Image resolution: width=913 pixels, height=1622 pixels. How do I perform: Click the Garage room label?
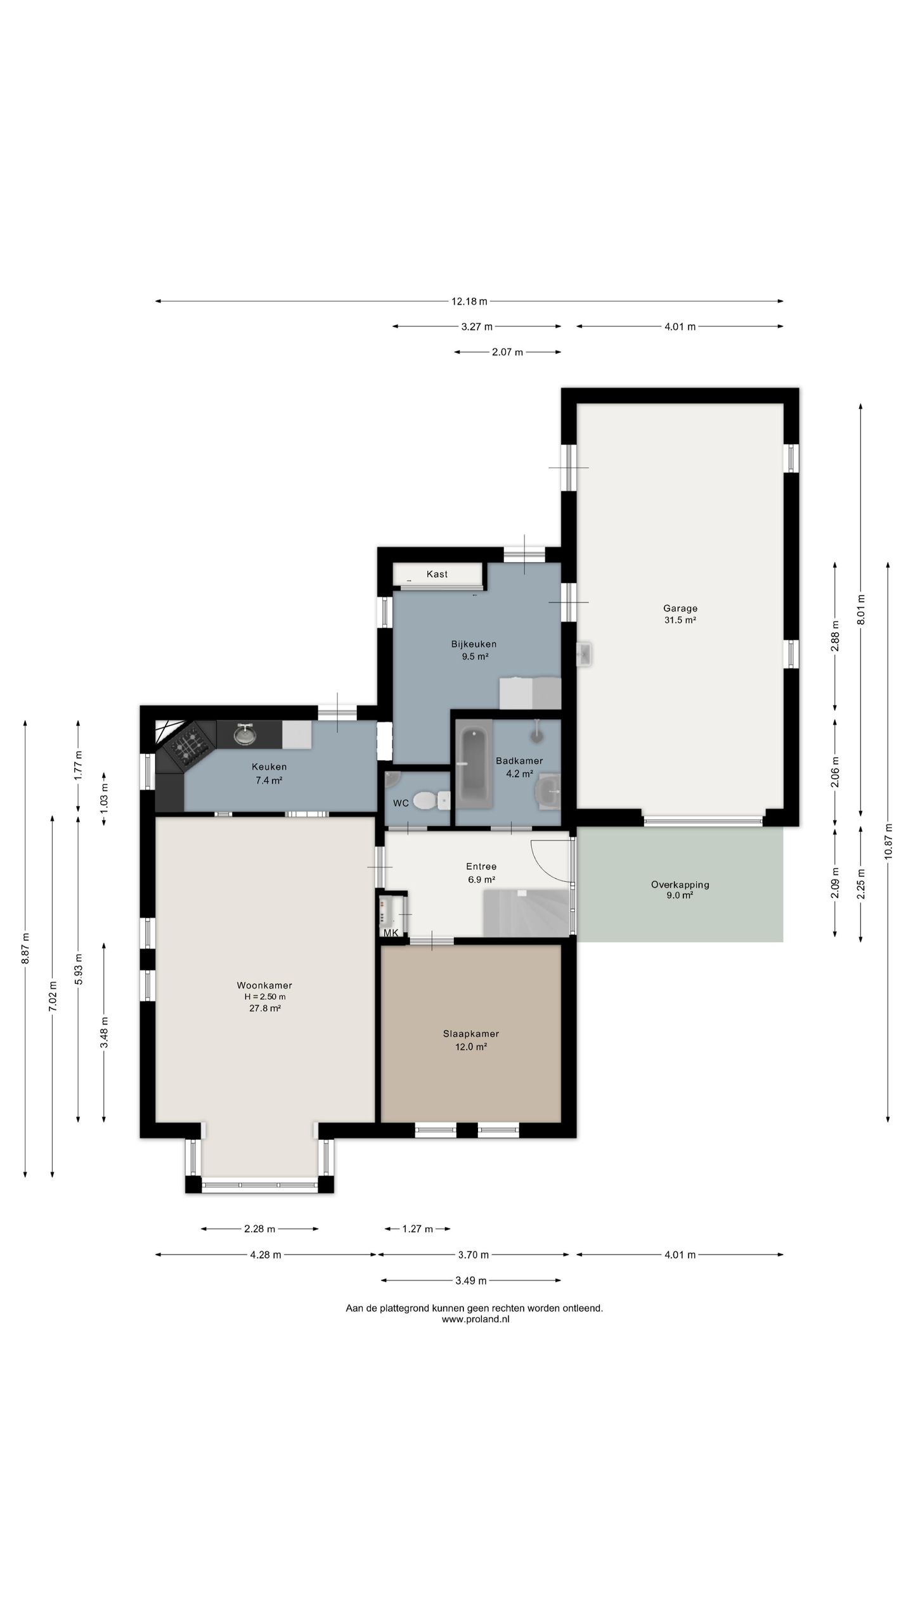pyautogui.click(x=680, y=608)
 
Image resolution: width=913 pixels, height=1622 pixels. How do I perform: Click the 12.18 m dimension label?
pyautogui.click(x=470, y=302)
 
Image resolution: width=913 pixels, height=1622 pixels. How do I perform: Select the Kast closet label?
pyautogui.click(x=437, y=574)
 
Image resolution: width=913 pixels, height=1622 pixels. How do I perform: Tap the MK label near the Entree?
pyautogui.click(x=391, y=933)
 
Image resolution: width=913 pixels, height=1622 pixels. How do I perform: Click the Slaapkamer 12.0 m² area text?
pyautogui.click(x=470, y=1047)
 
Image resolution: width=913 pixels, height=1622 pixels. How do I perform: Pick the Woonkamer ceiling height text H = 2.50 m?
pyautogui.click(x=265, y=997)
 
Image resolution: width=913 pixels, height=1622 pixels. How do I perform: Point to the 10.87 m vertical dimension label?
pyautogui.click(x=888, y=841)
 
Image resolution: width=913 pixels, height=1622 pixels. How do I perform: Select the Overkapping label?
pyautogui.click(x=680, y=884)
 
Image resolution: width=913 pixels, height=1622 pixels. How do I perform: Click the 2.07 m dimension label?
pyautogui.click(x=507, y=352)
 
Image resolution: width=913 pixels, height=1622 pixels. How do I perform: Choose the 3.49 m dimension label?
pyautogui.click(x=471, y=1280)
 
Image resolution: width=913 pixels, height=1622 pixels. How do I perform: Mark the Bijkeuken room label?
pyautogui.click(x=474, y=644)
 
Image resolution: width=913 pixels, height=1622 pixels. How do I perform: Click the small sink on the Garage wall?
pyautogui.click(x=585, y=654)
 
